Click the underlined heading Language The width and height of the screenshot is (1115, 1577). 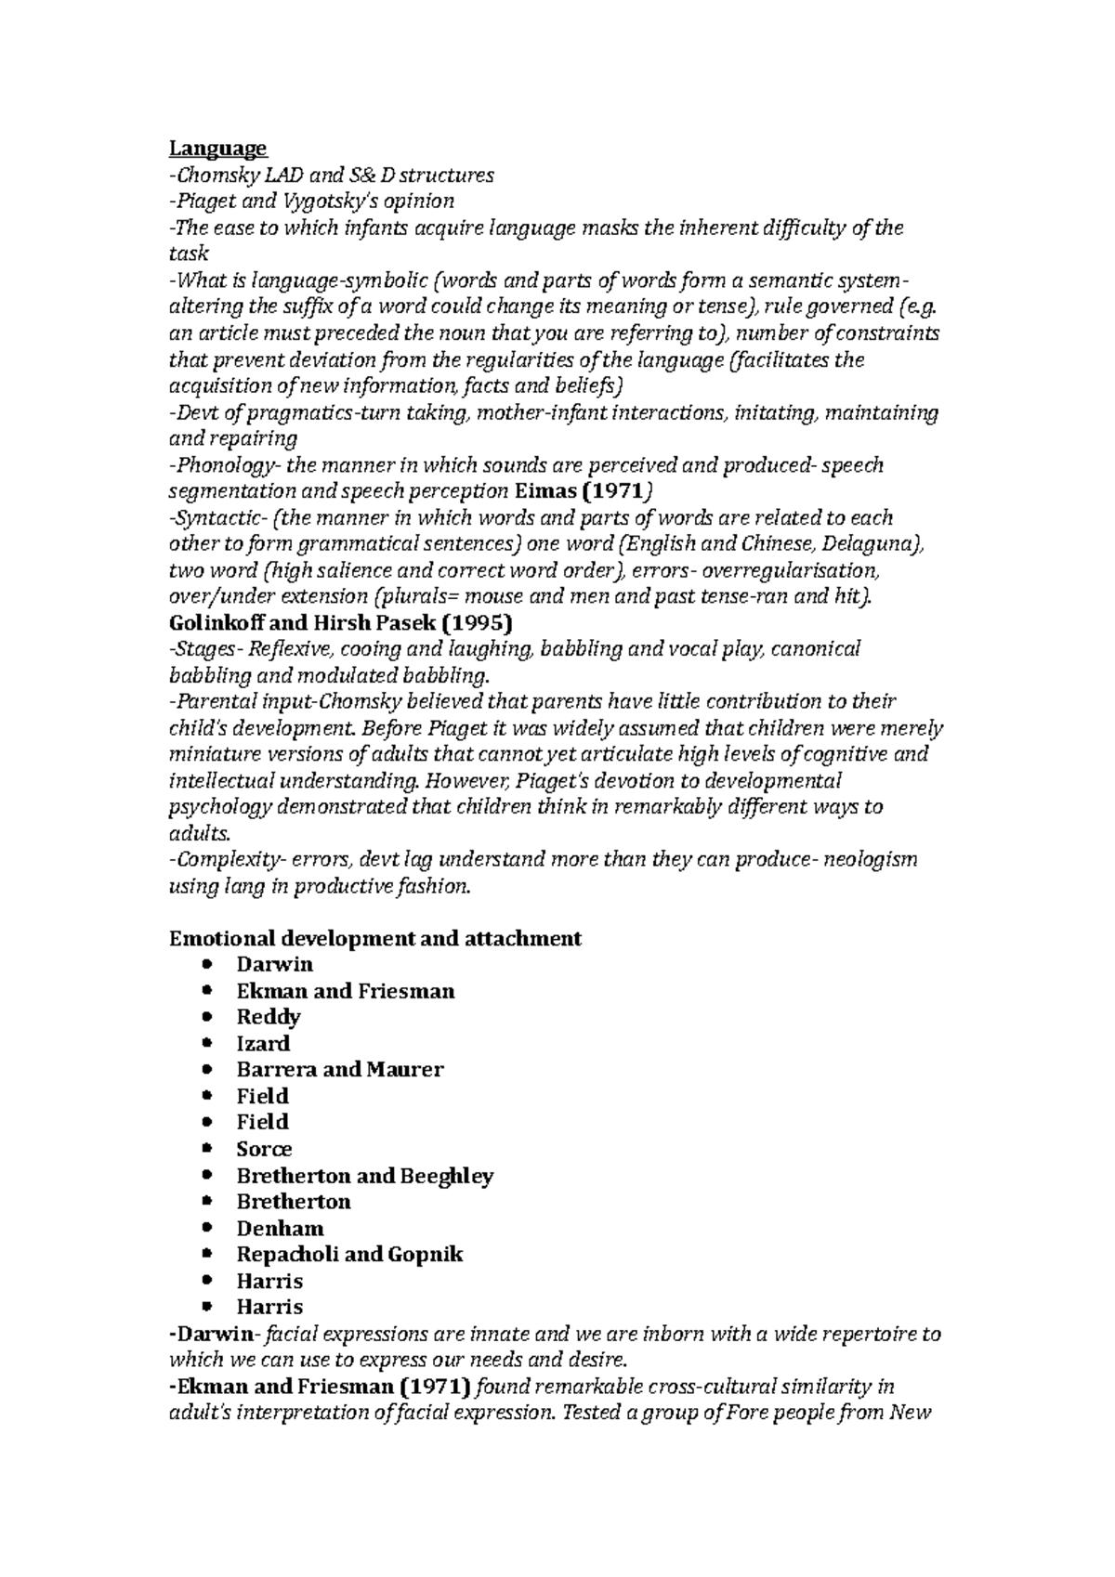point(217,148)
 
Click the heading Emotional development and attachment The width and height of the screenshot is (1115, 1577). point(374,938)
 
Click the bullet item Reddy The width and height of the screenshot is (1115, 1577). point(268,1017)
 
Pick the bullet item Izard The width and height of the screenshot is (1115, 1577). point(263,1043)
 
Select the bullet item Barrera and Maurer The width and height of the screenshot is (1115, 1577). point(339,1069)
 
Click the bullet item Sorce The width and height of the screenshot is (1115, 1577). point(264,1149)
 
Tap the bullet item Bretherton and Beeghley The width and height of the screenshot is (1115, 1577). point(364,1176)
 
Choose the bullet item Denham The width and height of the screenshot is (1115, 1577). point(280,1228)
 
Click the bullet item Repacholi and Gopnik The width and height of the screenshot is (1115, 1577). point(349,1255)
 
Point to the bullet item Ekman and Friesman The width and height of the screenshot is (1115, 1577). point(345,991)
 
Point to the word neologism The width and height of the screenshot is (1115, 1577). point(870,859)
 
